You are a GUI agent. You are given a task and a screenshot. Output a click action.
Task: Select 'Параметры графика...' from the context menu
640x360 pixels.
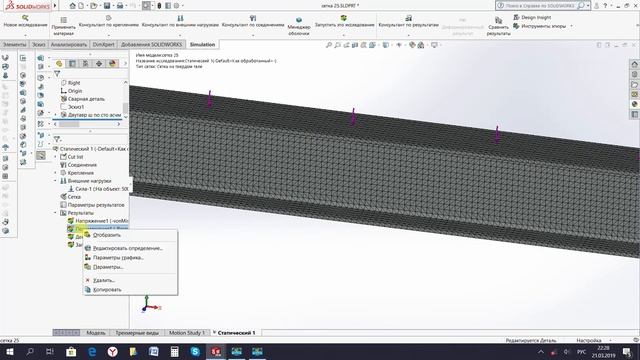pos(119,257)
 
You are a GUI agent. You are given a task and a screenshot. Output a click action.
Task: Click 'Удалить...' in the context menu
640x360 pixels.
pos(104,280)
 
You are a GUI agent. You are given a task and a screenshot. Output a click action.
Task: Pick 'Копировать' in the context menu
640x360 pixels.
pos(107,290)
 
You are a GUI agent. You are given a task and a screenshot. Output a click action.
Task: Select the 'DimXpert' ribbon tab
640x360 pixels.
pos(104,45)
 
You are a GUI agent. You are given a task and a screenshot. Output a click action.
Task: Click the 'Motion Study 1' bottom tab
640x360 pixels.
pos(186,332)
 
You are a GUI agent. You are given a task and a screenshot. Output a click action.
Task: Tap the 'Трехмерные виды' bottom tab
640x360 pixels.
pos(136,332)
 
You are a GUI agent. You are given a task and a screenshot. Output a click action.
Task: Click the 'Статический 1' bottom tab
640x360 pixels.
pos(236,332)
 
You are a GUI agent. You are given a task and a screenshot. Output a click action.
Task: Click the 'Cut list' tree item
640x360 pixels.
pos(76,157)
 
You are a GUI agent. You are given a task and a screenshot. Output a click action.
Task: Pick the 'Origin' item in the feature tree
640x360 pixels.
pos(75,91)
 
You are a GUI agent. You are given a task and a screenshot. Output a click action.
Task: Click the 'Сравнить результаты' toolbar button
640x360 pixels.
pos(499,27)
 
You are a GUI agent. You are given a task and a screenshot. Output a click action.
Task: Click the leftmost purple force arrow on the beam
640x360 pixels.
pos(210,98)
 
